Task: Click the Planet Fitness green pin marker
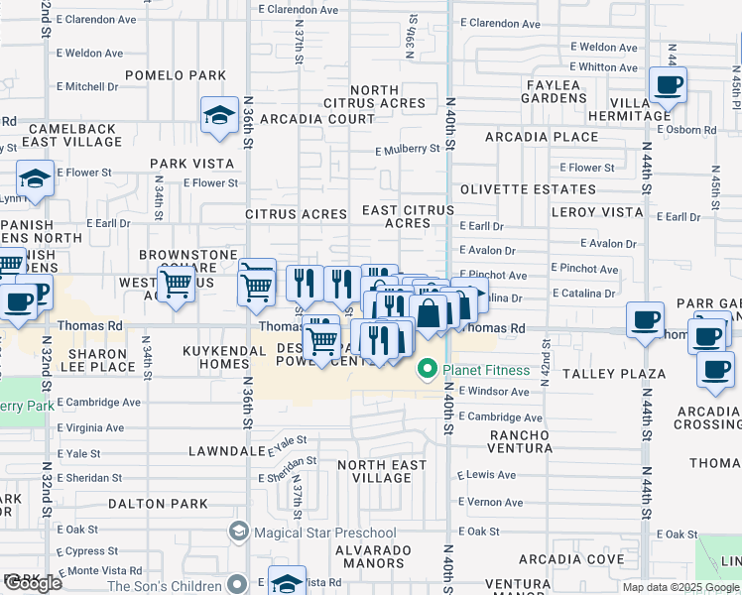[x=428, y=370]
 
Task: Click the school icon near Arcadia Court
[x=218, y=116]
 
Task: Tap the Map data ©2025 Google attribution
[x=680, y=587]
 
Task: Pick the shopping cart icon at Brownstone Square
[x=177, y=286]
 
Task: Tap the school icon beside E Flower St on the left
[x=35, y=179]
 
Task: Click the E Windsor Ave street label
[x=493, y=392]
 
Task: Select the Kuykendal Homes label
[x=215, y=357]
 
